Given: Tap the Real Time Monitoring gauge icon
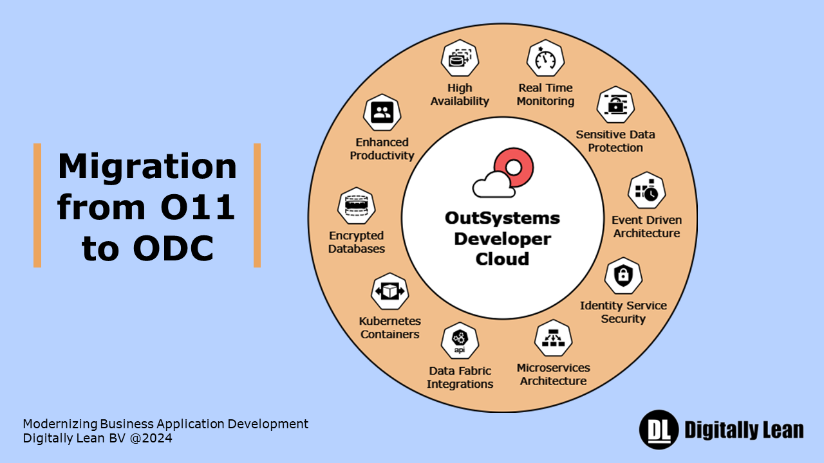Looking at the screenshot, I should pyautogui.click(x=546, y=59).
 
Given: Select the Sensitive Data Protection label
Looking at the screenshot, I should pyautogui.click(x=615, y=141).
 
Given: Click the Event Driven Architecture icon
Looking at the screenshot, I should pyautogui.click(x=646, y=190).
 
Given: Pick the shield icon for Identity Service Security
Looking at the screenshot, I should pyautogui.click(x=623, y=276).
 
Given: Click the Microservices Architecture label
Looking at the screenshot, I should pyautogui.click(x=553, y=374).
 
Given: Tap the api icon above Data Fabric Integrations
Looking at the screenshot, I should pyautogui.click(x=460, y=341).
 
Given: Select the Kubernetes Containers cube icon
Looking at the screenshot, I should pyautogui.click(x=390, y=291).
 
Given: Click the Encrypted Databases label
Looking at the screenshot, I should pyautogui.click(x=357, y=242).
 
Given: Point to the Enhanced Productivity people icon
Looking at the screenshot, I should pyautogui.click(x=382, y=112).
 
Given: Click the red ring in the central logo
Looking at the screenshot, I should pyautogui.click(x=513, y=167).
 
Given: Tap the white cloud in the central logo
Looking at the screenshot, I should pyautogui.click(x=493, y=186).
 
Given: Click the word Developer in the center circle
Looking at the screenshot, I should pyautogui.click(x=502, y=239).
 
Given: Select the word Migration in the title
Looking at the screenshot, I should pyautogui.click(x=147, y=166).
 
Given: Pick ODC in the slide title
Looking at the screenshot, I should pyautogui.click(x=174, y=249).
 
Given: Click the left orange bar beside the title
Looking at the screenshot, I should pyautogui.click(x=37, y=205).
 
